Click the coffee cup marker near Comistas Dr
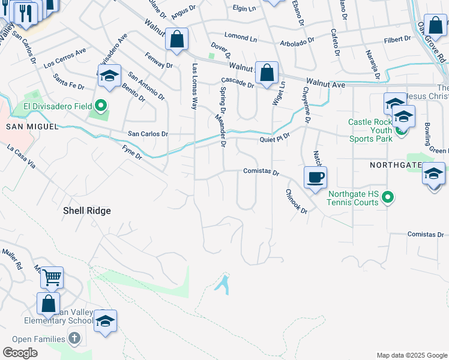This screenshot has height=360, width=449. [x=315, y=178]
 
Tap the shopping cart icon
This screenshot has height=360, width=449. [x=52, y=278]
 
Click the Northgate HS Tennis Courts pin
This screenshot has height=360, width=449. [x=388, y=197]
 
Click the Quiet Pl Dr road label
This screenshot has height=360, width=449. [x=275, y=138]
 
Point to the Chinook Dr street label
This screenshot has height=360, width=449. [x=296, y=202]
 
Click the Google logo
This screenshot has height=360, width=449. [x=20, y=353]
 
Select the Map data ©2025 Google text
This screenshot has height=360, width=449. [x=411, y=355]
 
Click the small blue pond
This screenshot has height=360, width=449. [x=223, y=283]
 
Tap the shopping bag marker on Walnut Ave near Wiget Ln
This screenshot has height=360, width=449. [x=267, y=73]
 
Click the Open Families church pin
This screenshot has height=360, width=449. [x=73, y=338]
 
